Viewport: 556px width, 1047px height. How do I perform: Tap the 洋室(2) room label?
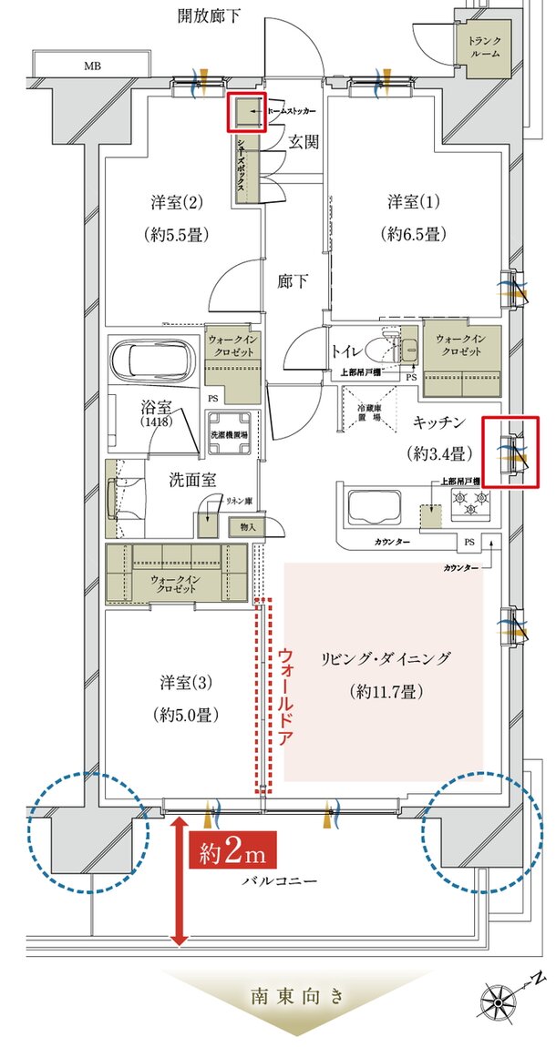click(x=177, y=200)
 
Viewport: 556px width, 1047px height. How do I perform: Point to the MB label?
click(x=93, y=66)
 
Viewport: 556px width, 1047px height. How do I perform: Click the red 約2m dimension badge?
click(x=233, y=854)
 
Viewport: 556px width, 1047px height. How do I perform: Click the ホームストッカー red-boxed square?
click(x=247, y=112)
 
